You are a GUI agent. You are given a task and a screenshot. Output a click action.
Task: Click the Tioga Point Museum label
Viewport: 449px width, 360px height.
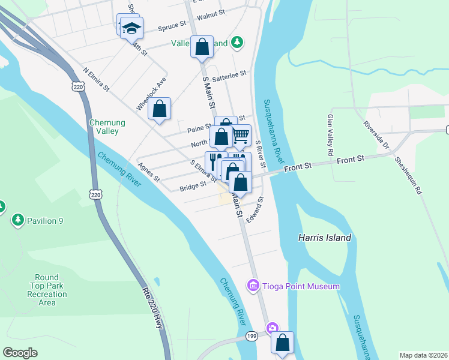click(301, 286)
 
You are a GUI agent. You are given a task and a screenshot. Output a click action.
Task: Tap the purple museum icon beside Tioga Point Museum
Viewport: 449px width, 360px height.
click(253, 286)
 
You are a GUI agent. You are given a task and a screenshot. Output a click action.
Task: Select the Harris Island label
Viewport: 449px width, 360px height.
click(325, 238)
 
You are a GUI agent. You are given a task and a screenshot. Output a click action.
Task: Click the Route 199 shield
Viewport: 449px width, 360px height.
click(252, 337)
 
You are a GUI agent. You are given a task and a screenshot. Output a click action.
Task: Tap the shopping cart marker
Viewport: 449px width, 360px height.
click(241, 135)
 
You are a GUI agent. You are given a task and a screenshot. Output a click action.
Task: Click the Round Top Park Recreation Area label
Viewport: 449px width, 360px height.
click(47, 290)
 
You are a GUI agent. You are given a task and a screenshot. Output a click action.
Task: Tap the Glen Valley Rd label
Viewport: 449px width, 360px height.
click(330, 135)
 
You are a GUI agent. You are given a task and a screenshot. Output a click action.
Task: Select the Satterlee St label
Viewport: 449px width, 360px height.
click(229, 74)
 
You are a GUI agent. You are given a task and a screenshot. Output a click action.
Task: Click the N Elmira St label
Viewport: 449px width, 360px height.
click(97, 80)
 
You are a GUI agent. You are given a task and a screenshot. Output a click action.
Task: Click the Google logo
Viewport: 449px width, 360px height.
click(20, 352)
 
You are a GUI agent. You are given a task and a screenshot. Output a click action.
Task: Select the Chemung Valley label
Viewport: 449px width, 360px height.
click(107, 127)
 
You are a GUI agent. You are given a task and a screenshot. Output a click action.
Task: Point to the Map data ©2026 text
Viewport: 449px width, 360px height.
click(423, 355)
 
